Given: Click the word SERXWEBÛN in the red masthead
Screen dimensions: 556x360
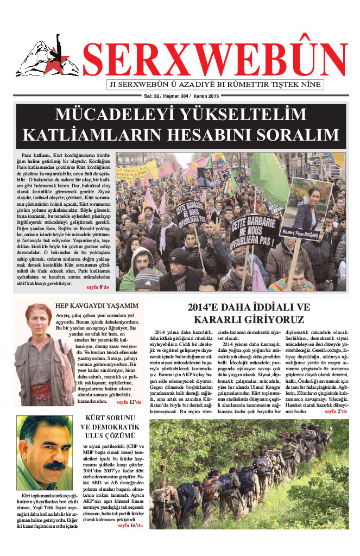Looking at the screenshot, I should [215, 59].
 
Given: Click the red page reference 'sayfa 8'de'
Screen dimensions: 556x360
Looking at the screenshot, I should [98, 286].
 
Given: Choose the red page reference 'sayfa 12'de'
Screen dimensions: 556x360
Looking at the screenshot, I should [129, 402].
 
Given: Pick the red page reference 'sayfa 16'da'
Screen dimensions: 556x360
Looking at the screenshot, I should [130, 526].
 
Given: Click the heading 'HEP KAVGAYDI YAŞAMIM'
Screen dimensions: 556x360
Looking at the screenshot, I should [97, 306].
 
